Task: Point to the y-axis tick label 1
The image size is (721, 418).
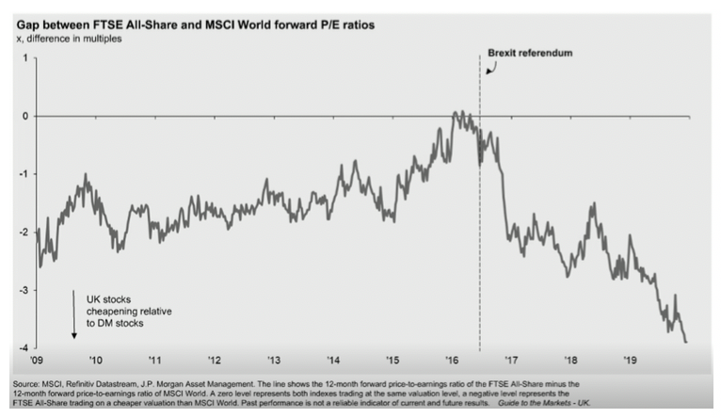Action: [25, 58]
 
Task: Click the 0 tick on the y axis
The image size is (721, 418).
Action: [25, 117]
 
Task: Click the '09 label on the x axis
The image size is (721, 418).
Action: [37, 361]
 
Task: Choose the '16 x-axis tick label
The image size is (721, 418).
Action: [451, 361]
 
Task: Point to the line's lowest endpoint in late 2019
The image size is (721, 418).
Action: [685, 342]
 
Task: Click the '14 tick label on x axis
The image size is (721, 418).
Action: [333, 361]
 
